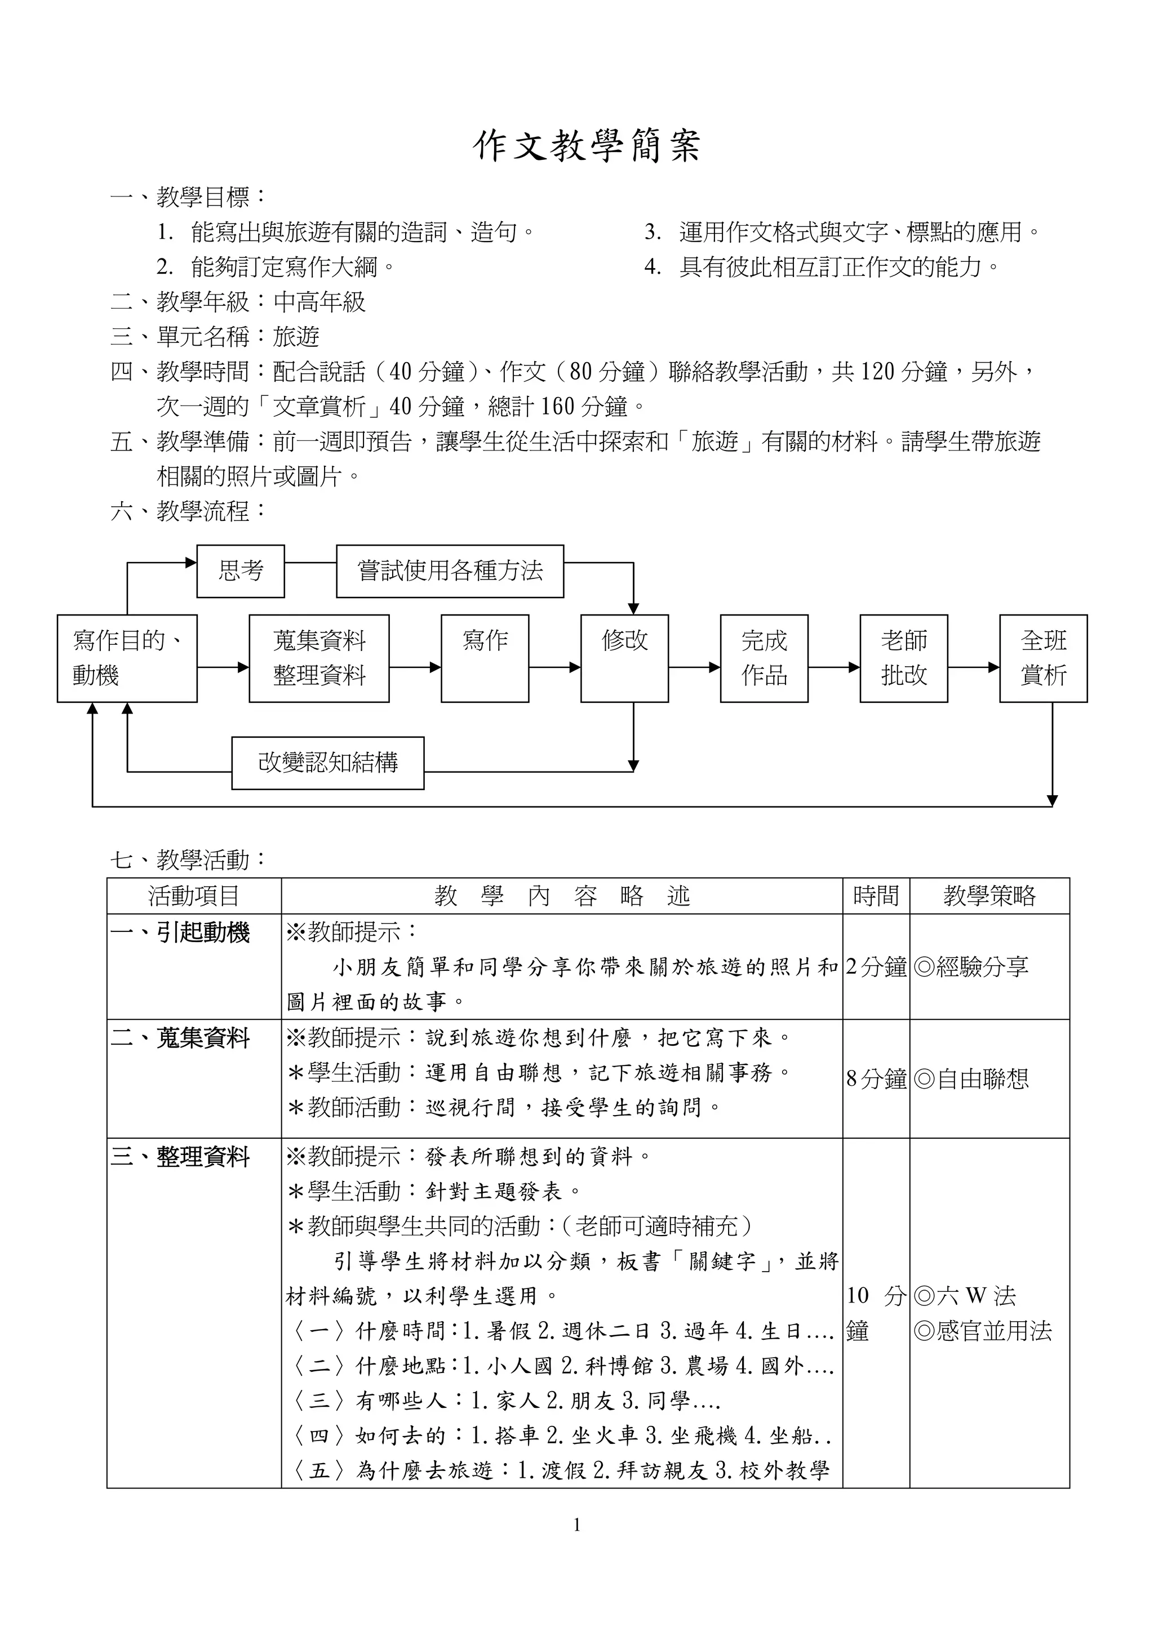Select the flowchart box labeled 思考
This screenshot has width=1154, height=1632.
point(241,571)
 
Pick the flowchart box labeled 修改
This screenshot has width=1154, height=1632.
point(624,658)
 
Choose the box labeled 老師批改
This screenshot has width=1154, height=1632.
point(903,658)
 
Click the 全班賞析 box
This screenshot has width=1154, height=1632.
point(1043,658)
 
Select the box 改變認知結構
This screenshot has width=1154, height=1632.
point(328,763)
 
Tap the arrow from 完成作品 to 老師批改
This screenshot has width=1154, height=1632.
point(834,667)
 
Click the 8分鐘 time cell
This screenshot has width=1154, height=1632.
point(876,1079)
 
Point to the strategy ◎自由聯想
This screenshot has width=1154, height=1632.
point(971,1079)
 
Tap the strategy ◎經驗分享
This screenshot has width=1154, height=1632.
point(971,967)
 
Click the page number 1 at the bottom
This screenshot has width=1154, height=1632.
point(576,1524)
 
